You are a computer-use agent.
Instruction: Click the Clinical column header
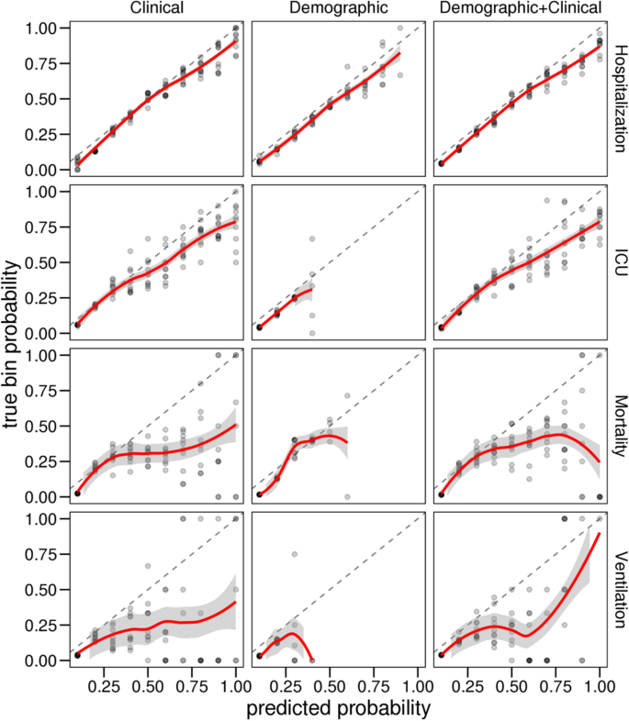[156, 9]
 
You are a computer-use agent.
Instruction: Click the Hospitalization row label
[621, 100]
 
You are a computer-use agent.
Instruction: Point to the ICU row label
[621, 264]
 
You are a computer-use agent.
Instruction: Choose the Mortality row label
[621, 427]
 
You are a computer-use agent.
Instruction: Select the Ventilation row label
[621, 592]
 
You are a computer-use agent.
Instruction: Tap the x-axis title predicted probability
[338, 708]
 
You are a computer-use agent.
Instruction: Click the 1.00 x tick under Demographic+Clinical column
[600, 685]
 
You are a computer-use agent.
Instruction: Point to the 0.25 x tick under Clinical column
[105, 685]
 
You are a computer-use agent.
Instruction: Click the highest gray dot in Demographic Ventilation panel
[294, 554]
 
